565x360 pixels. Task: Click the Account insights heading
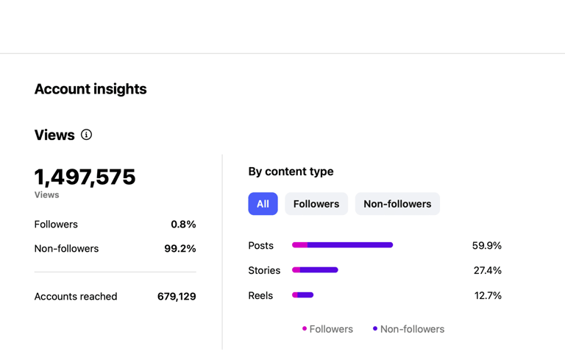(x=90, y=89)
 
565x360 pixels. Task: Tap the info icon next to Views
(x=86, y=135)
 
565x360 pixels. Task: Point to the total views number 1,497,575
(x=85, y=177)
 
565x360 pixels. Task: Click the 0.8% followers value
(x=183, y=225)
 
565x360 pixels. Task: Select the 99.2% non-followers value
(x=180, y=249)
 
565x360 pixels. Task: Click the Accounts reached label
(x=76, y=297)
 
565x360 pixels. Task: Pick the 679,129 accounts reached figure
(x=177, y=297)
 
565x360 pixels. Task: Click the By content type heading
(x=291, y=172)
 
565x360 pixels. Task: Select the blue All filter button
(x=263, y=204)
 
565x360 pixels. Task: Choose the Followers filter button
(x=316, y=204)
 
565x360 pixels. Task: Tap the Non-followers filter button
(x=397, y=204)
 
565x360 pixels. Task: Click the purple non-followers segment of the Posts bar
(x=350, y=245)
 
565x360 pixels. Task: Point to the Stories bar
(x=315, y=270)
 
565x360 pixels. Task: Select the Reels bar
(x=303, y=295)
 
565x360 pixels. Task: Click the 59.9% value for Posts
(x=486, y=246)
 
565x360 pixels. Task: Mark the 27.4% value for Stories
(x=487, y=271)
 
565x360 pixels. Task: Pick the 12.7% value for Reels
(x=488, y=296)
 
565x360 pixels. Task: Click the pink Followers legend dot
(x=305, y=329)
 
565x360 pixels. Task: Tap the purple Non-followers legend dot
(x=375, y=329)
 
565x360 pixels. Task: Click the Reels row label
(x=260, y=296)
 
